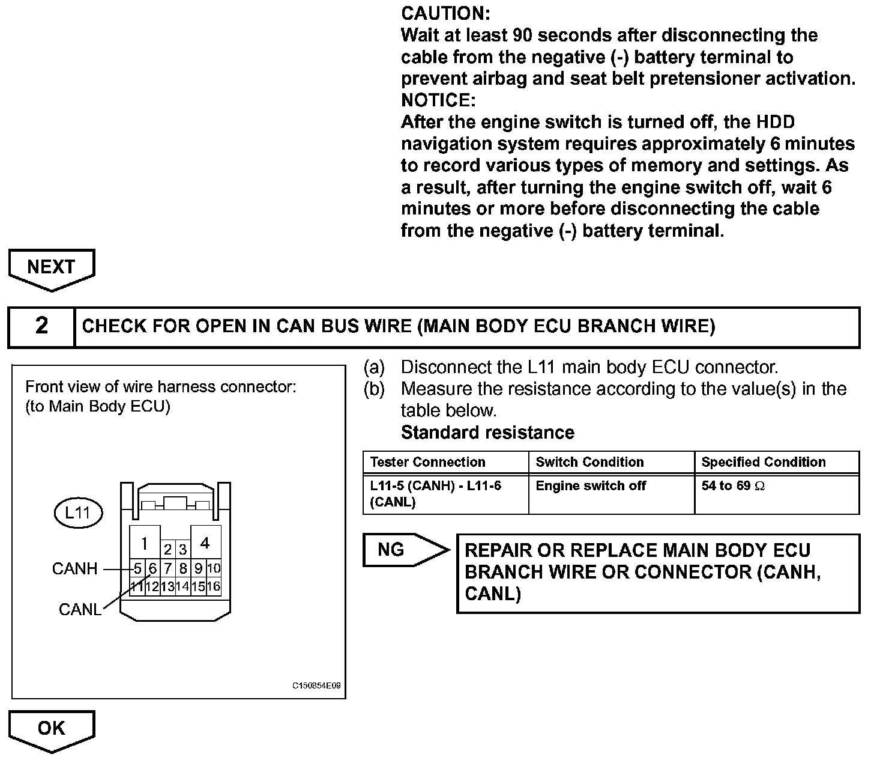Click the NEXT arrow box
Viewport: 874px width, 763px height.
(52, 267)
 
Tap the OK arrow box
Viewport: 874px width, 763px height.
(52, 728)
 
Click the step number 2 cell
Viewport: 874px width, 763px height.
(41, 326)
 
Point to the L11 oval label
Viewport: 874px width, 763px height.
(78, 513)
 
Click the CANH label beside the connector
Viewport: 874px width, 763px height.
(74, 568)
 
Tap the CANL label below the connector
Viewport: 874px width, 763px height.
(80, 609)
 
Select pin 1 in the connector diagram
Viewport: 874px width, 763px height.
(145, 544)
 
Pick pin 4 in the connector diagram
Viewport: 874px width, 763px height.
(205, 543)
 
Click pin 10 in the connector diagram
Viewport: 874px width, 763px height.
(214, 568)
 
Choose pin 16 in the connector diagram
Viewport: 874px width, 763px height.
(214, 586)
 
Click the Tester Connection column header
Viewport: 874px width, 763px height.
(427, 462)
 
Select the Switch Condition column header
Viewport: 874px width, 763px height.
(589, 462)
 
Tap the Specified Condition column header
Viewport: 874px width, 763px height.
(764, 462)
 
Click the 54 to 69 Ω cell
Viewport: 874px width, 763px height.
(734, 486)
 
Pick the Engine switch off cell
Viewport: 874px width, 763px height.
(591, 486)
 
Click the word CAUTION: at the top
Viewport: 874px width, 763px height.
(445, 13)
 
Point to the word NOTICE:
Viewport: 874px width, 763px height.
(438, 100)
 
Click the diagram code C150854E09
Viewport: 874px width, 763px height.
(317, 686)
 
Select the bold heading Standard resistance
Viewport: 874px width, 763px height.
(487, 433)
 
